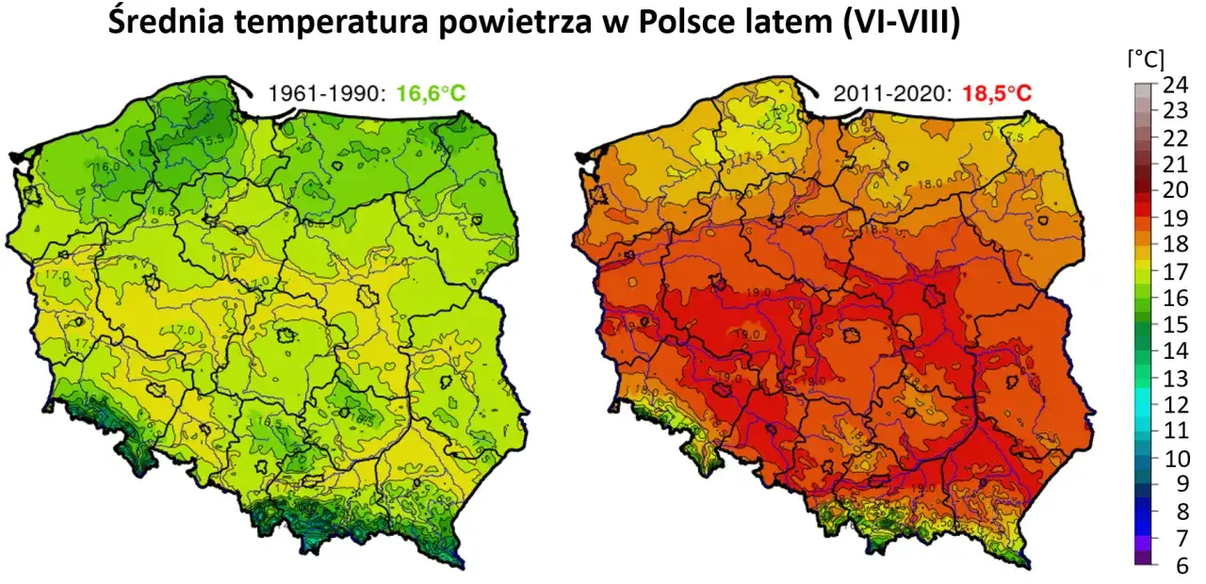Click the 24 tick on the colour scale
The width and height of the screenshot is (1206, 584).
coord(1175,83)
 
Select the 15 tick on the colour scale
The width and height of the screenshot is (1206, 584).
coord(1175,324)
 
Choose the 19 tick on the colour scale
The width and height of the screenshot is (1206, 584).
coord(1175,217)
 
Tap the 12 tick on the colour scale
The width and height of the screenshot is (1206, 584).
coord(1175,405)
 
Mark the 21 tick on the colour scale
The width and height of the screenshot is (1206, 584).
coord(1175,164)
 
